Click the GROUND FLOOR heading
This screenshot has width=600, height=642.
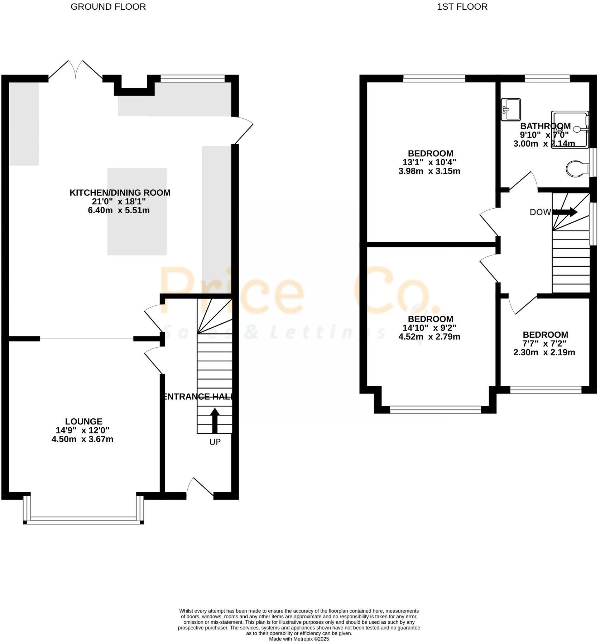108,7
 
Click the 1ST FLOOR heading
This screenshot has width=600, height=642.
462,7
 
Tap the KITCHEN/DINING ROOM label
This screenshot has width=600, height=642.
120,192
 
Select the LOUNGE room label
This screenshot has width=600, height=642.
83,422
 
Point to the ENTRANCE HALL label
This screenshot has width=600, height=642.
198,396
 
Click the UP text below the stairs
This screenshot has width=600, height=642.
215,442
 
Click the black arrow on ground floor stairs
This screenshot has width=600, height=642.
215,420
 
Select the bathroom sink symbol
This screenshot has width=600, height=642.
511,109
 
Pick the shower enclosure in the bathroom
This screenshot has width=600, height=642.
570,129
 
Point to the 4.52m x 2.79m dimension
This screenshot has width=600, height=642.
429,337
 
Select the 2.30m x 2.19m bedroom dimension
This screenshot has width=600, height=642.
544,352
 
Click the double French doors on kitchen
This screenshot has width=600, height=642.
76,70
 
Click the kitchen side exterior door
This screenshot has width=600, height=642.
244,131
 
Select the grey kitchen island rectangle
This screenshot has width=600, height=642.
137,211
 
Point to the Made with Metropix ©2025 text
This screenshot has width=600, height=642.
299,639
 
